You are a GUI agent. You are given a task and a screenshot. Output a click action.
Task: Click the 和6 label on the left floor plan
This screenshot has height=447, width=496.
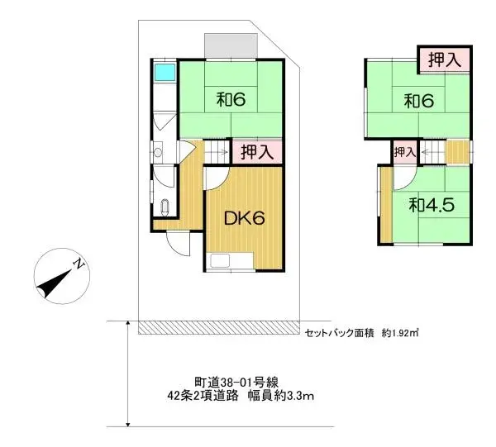(231, 101)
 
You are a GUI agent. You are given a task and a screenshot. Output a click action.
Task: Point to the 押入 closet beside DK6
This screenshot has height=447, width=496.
(257, 152)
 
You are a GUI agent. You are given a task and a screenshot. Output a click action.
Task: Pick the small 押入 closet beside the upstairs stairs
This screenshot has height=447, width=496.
(404, 152)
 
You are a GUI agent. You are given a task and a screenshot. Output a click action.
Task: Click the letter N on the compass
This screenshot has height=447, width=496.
(76, 264)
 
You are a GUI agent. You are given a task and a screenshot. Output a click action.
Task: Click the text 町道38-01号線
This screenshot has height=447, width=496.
(236, 382)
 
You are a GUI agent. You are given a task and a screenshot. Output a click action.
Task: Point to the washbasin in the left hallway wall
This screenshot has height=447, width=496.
(157, 153)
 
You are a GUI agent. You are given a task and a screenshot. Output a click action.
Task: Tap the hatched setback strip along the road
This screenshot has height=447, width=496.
(218, 328)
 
